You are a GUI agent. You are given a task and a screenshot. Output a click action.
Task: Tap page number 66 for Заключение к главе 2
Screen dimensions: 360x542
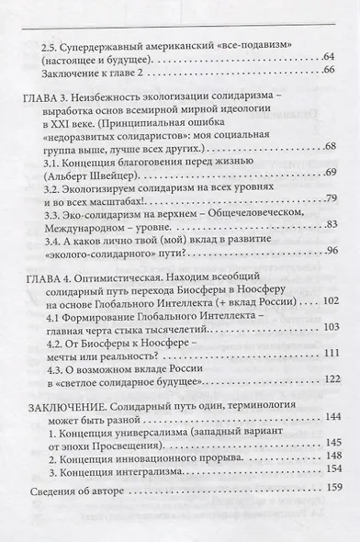328,79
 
